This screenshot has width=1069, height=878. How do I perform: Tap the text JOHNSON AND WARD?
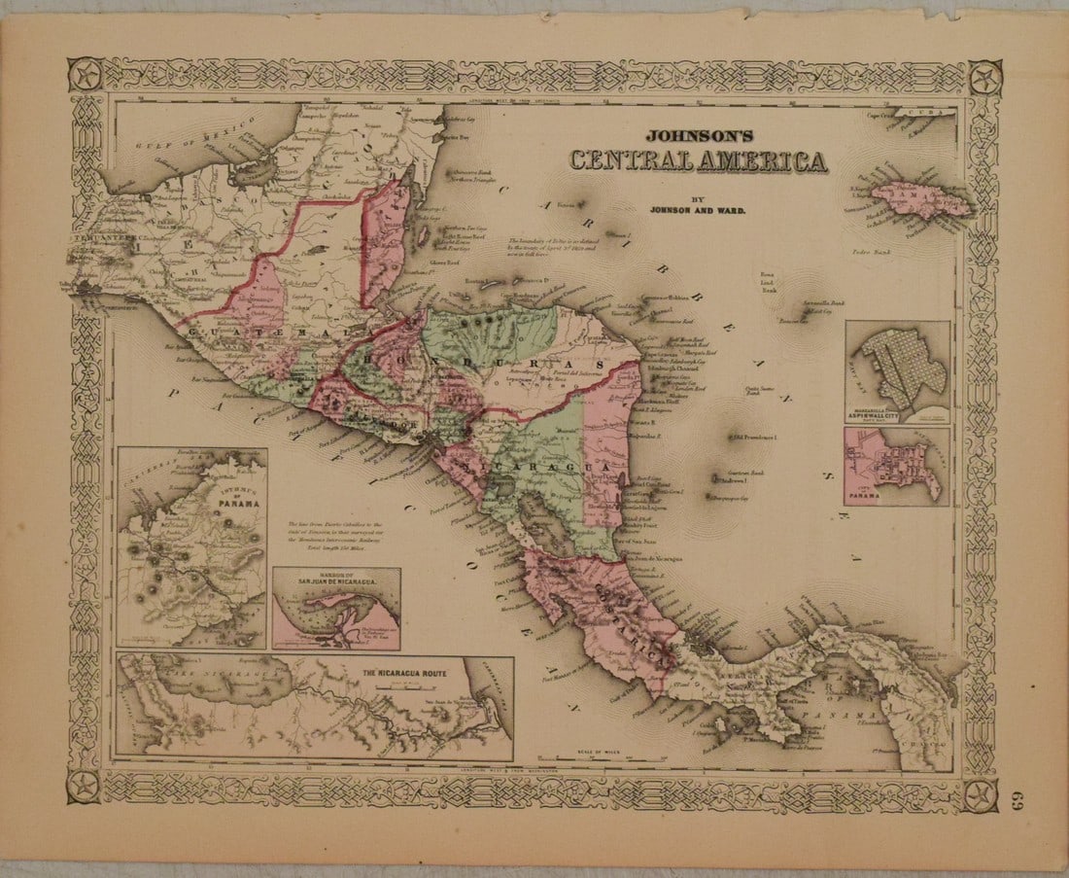coord(690,206)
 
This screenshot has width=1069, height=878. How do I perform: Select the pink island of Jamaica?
coord(920,199)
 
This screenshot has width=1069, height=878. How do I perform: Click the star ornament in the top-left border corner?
coord(86,75)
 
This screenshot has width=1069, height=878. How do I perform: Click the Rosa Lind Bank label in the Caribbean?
coord(771,281)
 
